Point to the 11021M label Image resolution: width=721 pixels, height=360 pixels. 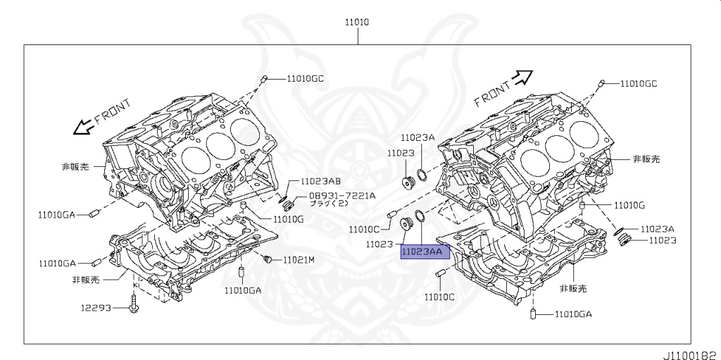coord(299,260)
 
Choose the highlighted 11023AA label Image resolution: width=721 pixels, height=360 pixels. coord(422,252)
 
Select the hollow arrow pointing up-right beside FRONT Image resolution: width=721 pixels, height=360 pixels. coord(524,77)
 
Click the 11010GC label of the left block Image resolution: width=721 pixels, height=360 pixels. coord(305,79)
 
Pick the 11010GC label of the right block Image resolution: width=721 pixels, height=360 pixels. coord(638,84)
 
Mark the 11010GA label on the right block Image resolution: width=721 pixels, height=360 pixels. coord(572,314)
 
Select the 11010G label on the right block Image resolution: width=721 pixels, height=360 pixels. coord(629,206)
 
